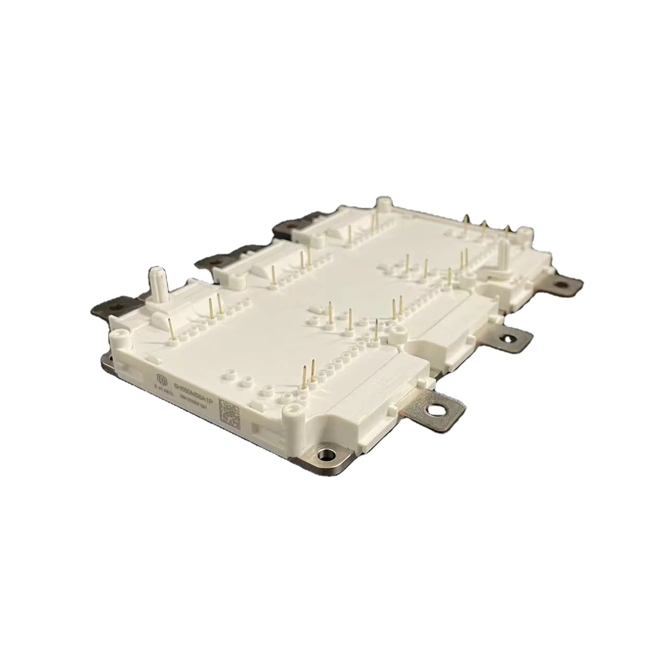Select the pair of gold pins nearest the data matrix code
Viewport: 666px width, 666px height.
point(308,375)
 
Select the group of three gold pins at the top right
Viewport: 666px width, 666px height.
point(485,225)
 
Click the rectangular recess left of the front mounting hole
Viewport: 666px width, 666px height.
point(266,431)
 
